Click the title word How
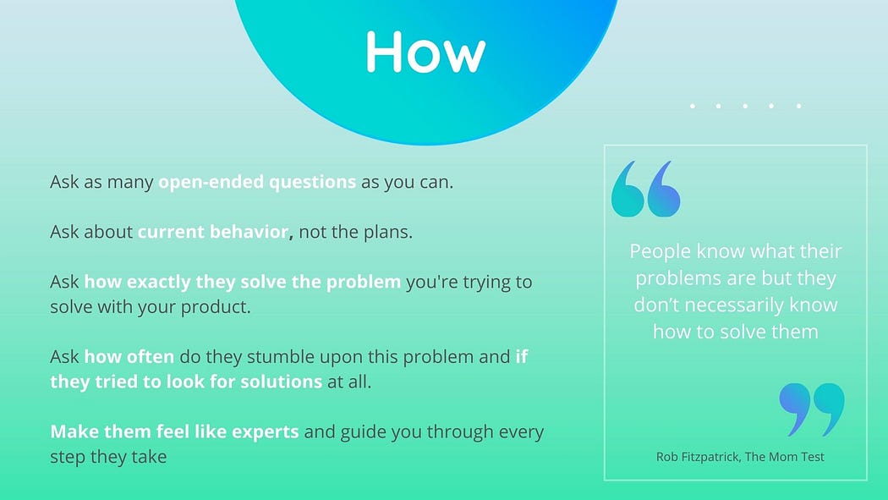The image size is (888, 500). tap(425, 52)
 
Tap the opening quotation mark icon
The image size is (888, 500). tap(645, 189)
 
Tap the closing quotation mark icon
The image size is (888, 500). tap(812, 409)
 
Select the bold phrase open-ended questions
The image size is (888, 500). tap(257, 182)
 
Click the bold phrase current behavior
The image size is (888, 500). tap(213, 232)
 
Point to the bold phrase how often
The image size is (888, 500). tap(129, 356)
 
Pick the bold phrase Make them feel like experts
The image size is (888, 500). tap(174, 431)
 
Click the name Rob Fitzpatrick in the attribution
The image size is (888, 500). tap(698, 456)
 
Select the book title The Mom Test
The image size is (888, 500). tap(784, 456)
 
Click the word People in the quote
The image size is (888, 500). tap(660, 251)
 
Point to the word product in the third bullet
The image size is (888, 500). tap(215, 307)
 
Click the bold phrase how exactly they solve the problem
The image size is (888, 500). tap(243, 282)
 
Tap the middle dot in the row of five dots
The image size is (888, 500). tap(745, 106)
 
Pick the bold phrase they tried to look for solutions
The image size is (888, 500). tap(186, 382)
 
